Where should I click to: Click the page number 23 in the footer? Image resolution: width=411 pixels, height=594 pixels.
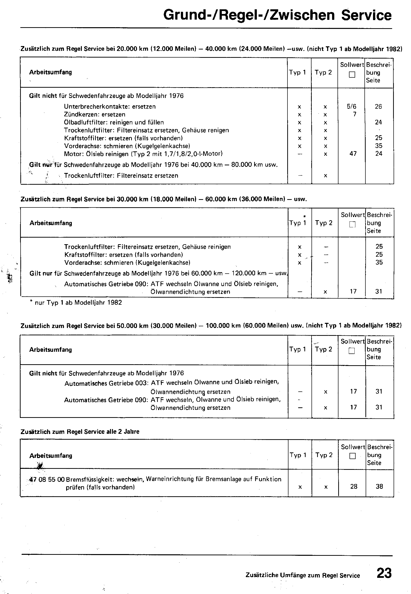(384, 573)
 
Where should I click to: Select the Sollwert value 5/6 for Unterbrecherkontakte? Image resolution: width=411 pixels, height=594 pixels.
(351, 107)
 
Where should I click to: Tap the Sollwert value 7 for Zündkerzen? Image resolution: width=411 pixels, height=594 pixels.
(355, 114)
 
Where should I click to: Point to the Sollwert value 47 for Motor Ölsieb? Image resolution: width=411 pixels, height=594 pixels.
(353, 154)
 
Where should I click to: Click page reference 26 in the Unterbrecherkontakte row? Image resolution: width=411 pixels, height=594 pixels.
(378, 107)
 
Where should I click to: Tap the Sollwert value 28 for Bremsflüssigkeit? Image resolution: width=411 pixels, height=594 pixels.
(354, 486)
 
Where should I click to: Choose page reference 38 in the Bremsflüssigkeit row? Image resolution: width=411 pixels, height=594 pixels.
(379, 486)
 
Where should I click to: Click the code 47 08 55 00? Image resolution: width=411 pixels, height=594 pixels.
(47, 479)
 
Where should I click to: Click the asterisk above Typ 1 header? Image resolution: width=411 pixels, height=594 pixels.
(304, 217)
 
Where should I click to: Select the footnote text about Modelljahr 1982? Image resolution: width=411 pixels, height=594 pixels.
(76, 303)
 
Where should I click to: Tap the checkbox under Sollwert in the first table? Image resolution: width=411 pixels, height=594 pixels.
(352, 75)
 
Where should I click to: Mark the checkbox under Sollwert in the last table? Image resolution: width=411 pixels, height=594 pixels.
(352, 456)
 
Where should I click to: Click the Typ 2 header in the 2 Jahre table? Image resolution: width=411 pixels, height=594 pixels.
(324, 455)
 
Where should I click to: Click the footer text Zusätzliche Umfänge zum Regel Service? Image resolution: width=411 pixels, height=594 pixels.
(303, 575)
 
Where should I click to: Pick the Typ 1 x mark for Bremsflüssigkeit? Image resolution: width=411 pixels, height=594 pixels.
(300, 487)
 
